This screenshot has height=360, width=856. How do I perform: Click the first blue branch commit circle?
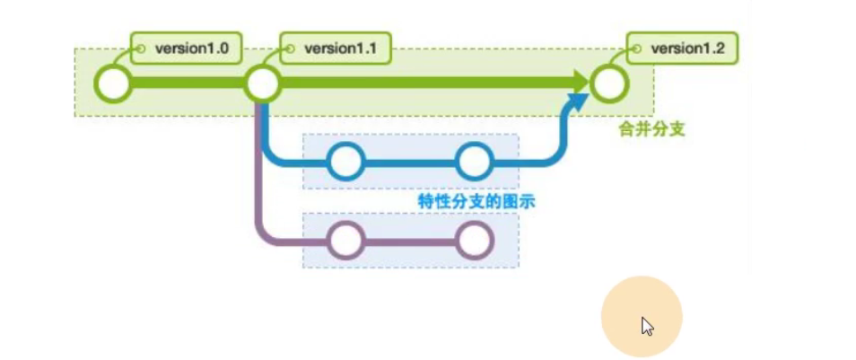[345, 162]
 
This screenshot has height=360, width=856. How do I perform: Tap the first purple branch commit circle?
[345, 241]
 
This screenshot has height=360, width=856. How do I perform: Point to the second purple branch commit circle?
[475, 241]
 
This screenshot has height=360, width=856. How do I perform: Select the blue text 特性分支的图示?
[476, 201]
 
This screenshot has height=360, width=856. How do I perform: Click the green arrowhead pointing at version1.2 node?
[581, 84]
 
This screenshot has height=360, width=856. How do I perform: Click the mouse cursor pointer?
[647, 325]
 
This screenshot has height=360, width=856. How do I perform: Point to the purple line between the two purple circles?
[410, 241]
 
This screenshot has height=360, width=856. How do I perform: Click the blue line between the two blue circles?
[409, 162]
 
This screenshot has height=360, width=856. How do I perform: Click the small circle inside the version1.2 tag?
[636, 48]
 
